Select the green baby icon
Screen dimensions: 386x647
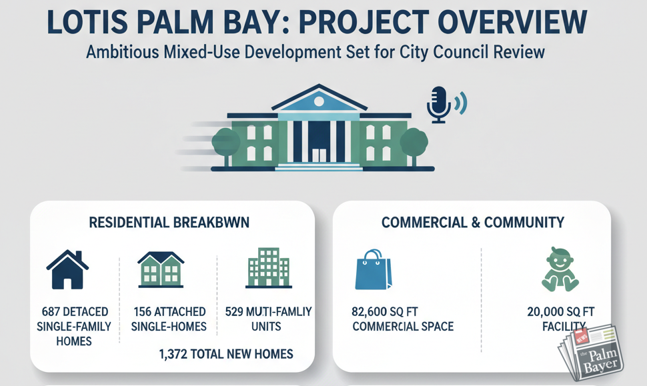[559, 270]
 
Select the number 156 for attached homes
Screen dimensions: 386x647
[142, 312]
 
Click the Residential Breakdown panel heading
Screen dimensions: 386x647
[169, 223]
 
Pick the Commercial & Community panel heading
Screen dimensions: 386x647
[473, 223]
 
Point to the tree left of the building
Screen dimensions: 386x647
[225, 143]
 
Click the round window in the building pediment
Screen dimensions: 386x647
[319, 101]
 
